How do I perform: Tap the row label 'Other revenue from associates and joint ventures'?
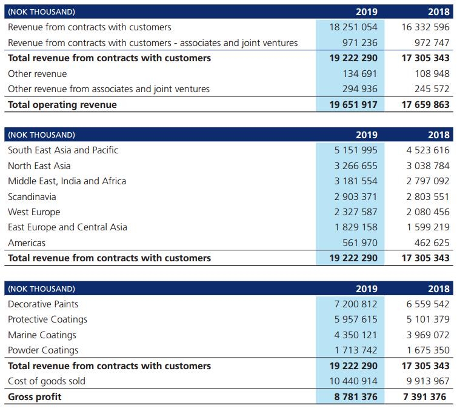point(108,89)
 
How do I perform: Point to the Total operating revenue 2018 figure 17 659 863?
point(425,104)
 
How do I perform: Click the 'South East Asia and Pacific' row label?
point(63,150)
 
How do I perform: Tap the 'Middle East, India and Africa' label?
point(67,181)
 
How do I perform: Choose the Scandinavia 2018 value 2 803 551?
point(427,196)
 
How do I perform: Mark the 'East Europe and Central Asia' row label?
point(67,227)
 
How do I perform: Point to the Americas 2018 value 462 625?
point(431,242)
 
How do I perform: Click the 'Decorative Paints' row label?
point(43,304)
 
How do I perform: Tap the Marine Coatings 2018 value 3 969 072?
point(427,335)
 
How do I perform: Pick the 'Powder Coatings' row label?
point(43,350)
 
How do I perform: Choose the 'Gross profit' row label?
point(35,396)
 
